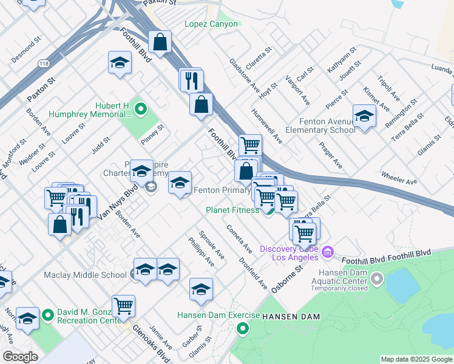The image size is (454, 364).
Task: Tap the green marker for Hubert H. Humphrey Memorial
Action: coord(141,110)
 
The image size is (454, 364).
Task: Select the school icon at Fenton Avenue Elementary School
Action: coord(364,115)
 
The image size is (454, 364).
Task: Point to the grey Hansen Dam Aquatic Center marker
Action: coord(377,278)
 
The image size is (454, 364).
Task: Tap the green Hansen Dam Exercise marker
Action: coord(243,329)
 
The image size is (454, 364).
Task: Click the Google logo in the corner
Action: coord(20,357)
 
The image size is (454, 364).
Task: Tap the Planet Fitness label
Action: coord(232,211)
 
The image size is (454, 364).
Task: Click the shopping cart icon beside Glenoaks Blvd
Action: coord(123,306)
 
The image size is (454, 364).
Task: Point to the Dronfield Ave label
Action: coord(254,274)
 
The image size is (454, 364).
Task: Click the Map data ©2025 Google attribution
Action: coord(416,359)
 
